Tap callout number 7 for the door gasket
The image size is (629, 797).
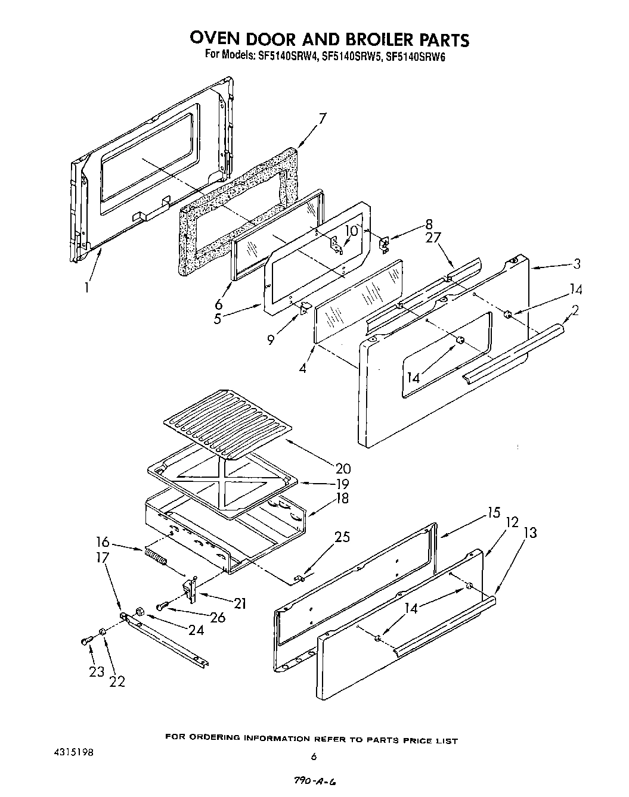322,119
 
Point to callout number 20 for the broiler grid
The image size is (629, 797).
342,469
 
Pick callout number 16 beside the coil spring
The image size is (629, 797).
103,541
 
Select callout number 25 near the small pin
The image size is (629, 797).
342,537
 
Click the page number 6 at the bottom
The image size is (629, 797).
312,756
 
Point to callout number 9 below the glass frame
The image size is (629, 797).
271,340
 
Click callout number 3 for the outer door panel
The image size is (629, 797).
577,264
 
